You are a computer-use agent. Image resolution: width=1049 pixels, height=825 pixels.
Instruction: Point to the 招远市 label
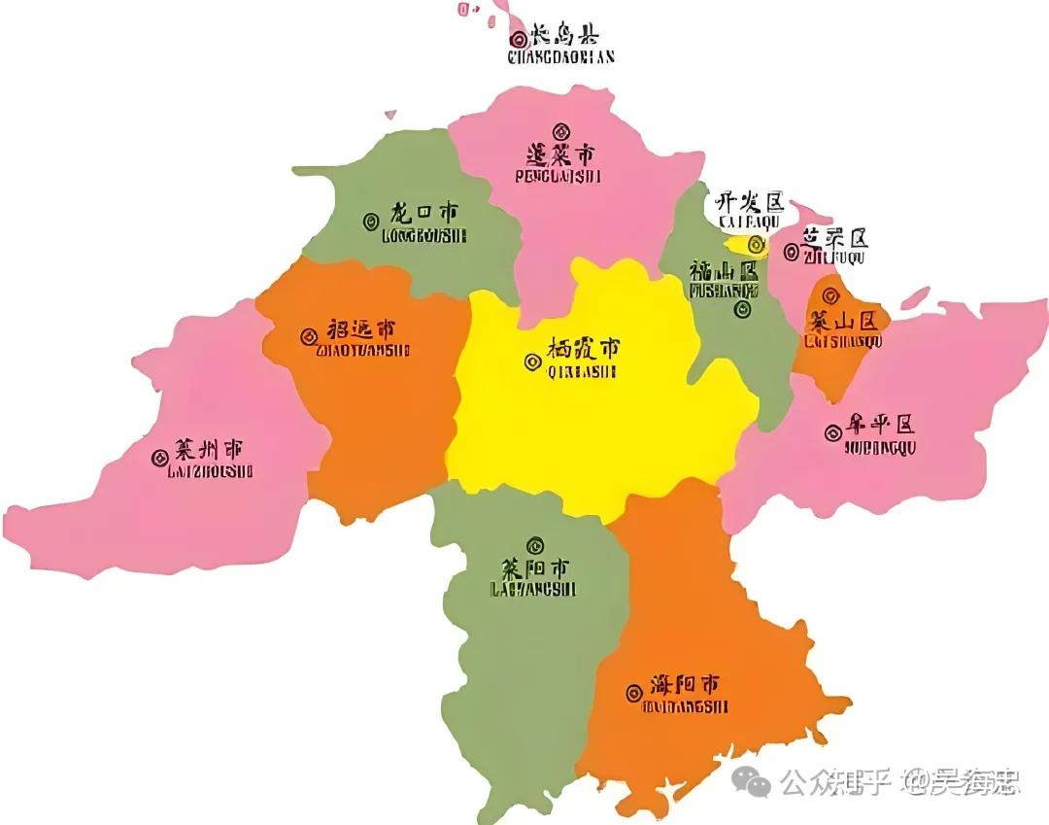pyautogui.click(x=361, y=329)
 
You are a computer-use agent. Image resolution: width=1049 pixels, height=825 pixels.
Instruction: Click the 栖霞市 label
pyautogui.click(x=583, y=348)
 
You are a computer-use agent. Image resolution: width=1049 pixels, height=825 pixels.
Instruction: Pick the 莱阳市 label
pyautogui.click(x=534, y=568)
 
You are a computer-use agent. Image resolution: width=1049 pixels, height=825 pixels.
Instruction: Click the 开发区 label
pyautogui.click(x=748, y=202)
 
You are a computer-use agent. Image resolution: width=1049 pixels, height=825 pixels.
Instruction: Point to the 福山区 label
pyautogui.click(x=724, y=270)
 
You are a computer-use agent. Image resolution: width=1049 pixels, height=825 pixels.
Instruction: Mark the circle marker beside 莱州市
pyautogui.click(x=159, y=458)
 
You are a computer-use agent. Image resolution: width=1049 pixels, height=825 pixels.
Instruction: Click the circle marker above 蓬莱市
pyautogui.click(x=559, y=132)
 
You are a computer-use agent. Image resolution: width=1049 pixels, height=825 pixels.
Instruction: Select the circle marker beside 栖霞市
pyautogui.click(x=531, y=361)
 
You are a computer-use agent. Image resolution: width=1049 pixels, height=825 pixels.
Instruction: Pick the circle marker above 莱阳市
pyautogui.click(x=534, y=545)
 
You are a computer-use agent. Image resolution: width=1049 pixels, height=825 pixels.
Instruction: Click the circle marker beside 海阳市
pyautogui.click(x=632, y=690)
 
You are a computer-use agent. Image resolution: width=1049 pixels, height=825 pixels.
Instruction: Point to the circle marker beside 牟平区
pyautogui.click(x=832, y=433)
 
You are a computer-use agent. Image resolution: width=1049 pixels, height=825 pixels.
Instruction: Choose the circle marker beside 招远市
pyautogui.click(x=308, y=336)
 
